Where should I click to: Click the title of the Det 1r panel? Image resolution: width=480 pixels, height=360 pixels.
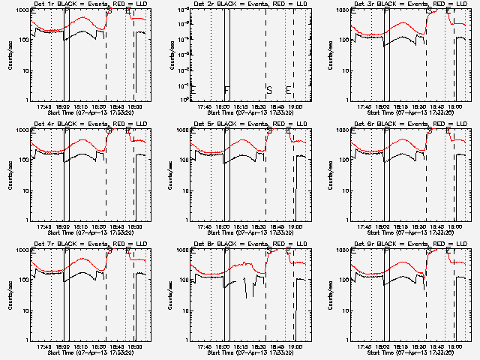point(85,4)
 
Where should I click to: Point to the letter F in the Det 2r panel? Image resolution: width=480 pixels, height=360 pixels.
point(226,90)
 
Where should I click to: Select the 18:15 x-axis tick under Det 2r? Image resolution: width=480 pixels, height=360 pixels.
point(241,106)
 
